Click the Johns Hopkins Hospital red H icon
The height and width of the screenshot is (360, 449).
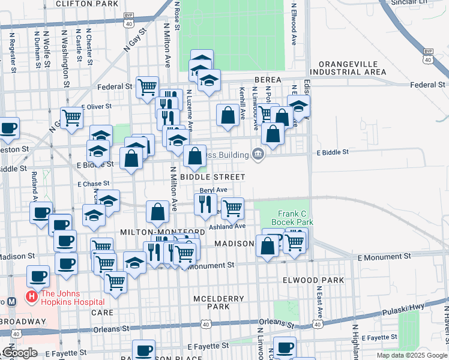30,296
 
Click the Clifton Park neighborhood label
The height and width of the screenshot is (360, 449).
86,4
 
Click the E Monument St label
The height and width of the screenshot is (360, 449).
384,256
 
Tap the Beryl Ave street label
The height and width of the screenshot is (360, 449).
213,190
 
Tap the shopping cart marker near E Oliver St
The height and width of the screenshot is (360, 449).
72,118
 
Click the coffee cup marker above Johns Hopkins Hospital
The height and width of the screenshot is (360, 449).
38,276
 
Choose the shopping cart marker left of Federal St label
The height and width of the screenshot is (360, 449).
147,87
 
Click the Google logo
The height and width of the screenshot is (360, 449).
19,353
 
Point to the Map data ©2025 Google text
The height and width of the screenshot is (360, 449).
411,355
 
